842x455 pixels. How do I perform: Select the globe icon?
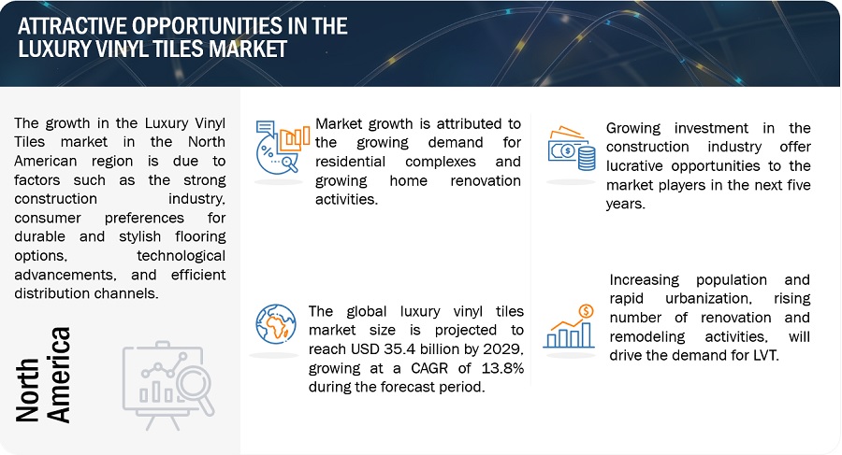[x=275, y=323]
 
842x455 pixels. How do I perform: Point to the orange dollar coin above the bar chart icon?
[x=586, y=311]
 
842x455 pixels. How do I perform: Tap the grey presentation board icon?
[x=168, y=385]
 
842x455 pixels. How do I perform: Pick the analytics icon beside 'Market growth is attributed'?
[x=283, y=147]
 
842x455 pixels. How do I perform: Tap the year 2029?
[x=502, y=349]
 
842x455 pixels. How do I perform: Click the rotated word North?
[x=27, y=390]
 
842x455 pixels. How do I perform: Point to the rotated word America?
[x=58, y=375]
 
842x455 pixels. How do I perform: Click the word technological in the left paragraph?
[x=181, y=256]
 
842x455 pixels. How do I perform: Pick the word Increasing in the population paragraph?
[x=644, y=280]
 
